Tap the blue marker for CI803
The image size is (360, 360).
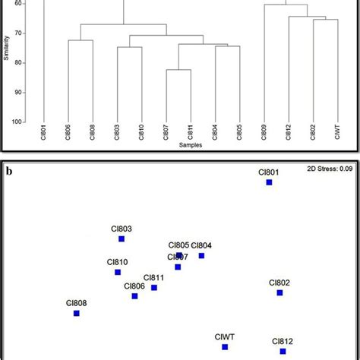[x=122, y=239]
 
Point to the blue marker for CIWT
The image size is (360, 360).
[x=225, y=347]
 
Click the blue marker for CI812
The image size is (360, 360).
[x=283, y=351]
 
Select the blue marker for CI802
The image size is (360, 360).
[x=279, y=292]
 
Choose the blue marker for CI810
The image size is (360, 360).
[x=117, y=272]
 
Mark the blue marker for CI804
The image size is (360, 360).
[x=202, y=256]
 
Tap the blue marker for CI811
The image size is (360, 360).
[x=154, y=288]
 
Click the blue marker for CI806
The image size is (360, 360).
[x=134, y=296]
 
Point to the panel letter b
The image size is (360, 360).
[x=8, y=171]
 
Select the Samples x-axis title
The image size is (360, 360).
[x=191, y=145]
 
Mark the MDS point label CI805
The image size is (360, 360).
[x=178, y=245]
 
